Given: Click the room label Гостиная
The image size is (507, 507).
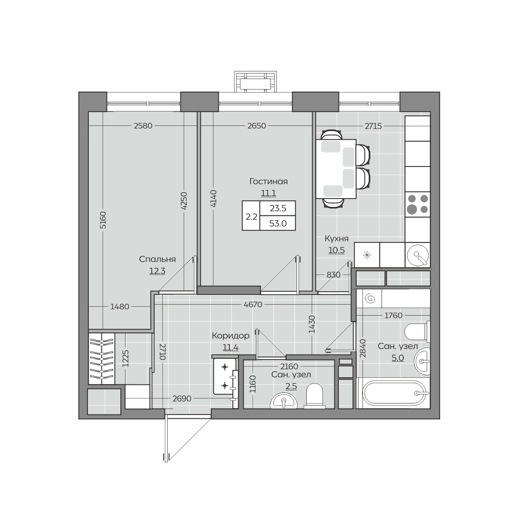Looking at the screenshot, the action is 268,182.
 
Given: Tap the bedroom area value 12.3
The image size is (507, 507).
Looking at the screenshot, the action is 157,271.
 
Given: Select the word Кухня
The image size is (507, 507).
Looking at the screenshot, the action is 336,239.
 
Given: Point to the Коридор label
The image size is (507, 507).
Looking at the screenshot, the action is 231,336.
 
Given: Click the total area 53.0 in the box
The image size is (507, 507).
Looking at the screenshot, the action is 278,224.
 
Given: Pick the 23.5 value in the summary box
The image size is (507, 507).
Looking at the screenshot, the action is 278,208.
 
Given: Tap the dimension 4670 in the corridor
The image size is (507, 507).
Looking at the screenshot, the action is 253,305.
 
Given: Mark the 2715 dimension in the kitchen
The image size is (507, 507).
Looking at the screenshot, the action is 373,126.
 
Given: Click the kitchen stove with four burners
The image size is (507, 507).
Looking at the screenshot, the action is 417,204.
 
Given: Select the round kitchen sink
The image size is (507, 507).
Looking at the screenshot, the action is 417,255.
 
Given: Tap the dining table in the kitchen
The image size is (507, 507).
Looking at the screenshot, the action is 336,169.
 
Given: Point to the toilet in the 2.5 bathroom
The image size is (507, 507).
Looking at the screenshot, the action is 315,396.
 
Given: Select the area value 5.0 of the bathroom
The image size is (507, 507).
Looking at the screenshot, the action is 398,358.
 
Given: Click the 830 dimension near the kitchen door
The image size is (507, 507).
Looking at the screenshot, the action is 333,275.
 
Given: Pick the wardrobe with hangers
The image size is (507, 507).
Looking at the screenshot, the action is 102,359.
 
